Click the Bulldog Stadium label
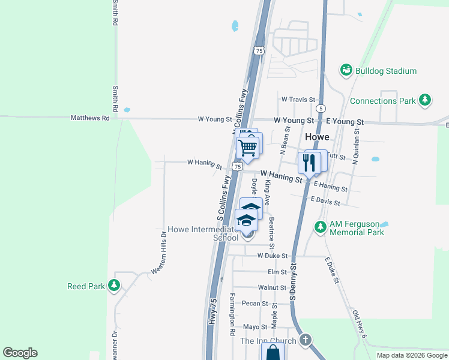385,71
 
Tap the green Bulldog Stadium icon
346,71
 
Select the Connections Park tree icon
425,100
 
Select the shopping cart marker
247,147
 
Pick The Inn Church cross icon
305,340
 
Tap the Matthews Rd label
90,119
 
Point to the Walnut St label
272,288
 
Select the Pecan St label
255,304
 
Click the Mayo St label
255,327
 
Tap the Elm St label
277,272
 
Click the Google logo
20,353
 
